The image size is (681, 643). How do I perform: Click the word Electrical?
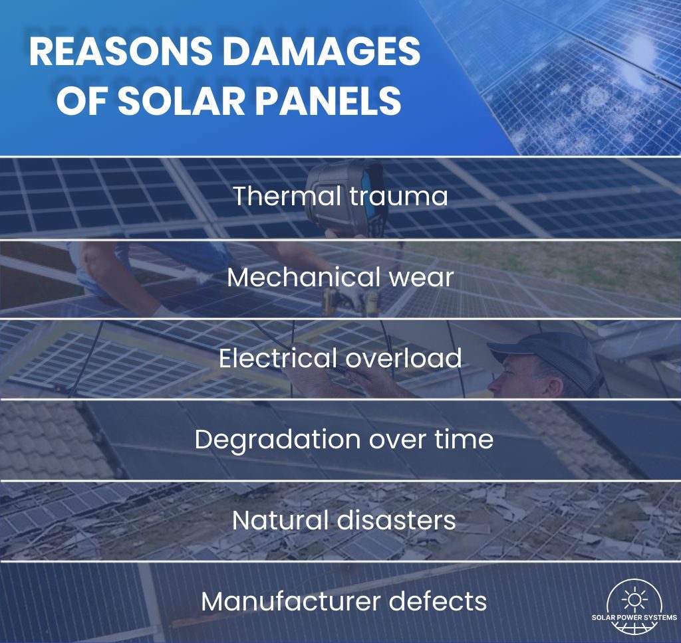coord(277,359)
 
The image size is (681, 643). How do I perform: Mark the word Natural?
coord(273,520)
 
